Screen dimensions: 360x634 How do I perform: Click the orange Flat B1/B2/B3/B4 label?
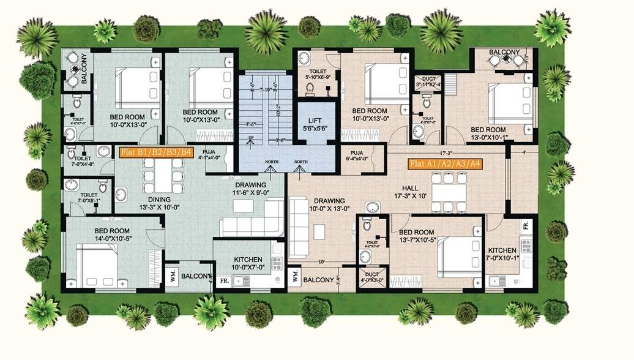[155, 152]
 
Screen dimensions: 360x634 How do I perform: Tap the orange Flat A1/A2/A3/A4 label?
[444, 164]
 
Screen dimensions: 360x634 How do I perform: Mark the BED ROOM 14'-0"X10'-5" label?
[102, 234]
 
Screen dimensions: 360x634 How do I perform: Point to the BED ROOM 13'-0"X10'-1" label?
[488, 134]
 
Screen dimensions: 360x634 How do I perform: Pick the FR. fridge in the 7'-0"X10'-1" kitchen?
[526, 226]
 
